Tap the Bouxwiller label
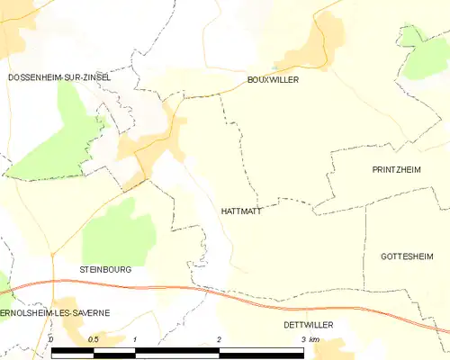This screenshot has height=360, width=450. point(273,80)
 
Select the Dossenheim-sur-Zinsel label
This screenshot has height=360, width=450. point(59,77)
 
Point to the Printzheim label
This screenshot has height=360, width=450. point(397,169)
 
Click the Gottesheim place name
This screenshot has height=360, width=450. point(400,256)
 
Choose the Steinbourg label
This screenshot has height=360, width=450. point(104,269)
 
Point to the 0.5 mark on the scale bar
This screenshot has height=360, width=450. point(93,339)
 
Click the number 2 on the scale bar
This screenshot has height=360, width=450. point(219,339)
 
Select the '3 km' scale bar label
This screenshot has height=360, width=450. point(310,339)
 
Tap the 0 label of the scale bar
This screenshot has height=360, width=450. point(52,339)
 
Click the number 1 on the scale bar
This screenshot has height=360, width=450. point(135,339)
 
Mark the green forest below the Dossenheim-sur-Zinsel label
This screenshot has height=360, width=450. point(54,135)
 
